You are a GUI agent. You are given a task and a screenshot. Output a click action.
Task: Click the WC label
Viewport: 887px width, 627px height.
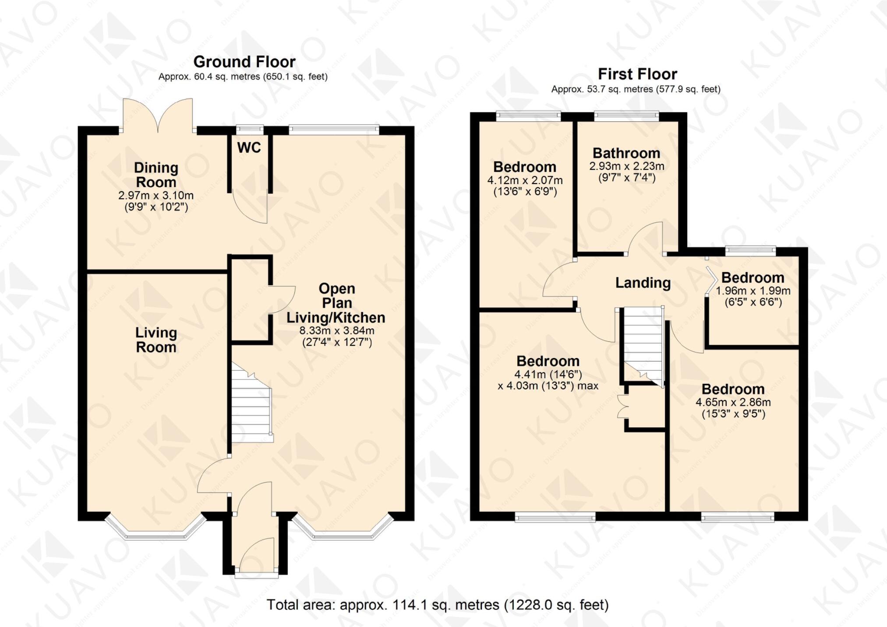point(249,148)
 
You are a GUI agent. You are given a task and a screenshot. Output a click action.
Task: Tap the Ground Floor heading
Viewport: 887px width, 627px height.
point(244,61)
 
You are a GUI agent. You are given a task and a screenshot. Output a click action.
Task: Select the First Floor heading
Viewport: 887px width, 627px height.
point(637,74)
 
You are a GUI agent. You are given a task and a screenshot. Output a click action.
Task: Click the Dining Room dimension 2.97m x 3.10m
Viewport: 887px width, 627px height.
point(156,195)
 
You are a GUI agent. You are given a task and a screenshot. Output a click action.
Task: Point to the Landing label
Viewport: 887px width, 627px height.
point(643,283)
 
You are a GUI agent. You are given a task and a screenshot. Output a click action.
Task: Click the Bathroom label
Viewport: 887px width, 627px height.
point(626,153)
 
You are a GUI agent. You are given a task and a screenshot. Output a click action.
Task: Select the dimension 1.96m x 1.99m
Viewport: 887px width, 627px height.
point(753,290)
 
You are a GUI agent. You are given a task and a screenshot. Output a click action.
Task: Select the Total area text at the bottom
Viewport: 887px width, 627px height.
point(437,605)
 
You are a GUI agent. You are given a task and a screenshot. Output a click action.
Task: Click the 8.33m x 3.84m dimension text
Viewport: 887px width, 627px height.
point(336,330)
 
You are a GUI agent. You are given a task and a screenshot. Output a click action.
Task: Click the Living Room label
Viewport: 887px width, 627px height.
point(156,340)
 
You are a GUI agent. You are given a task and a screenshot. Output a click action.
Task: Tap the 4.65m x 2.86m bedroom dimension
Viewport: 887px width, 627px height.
point(733,402)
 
